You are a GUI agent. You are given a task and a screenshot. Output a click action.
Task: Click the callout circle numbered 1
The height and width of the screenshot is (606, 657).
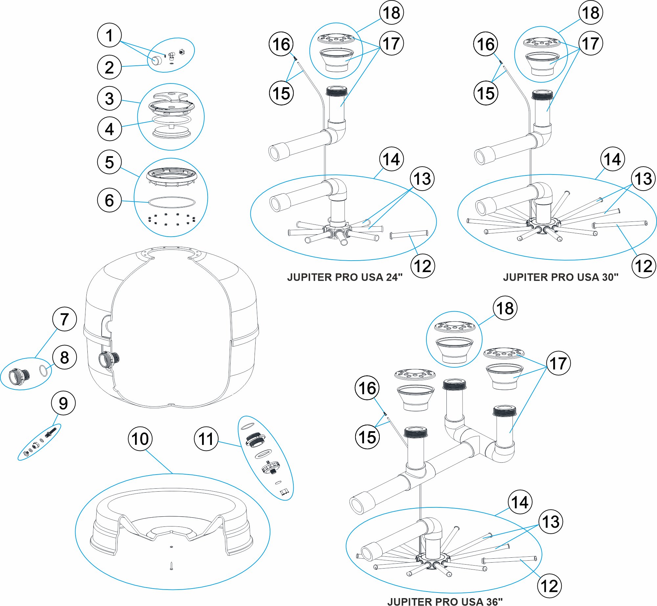pos(109,35)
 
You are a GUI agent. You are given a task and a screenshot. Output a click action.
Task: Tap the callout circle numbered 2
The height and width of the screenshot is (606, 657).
pos(109,67)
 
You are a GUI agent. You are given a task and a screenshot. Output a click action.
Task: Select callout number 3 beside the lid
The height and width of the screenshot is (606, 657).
pos(109,98)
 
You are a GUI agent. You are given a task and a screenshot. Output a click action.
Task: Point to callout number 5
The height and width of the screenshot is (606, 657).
pos(109,162)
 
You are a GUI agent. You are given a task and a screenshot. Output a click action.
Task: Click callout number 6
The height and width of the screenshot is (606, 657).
pos(109,200)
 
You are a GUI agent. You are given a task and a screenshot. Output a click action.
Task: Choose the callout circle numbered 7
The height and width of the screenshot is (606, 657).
pos(64,319)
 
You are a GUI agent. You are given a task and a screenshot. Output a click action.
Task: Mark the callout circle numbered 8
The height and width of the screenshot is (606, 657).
pos(64,357)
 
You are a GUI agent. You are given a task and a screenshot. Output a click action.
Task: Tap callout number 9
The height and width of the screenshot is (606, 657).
pos(63,403)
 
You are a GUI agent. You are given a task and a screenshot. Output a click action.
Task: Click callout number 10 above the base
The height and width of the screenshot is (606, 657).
pos(140,439)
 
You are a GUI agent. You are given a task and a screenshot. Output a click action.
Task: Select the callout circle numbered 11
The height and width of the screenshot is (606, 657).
pos(206,439)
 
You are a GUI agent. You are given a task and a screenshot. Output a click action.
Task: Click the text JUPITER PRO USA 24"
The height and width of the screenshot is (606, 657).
pos(345,277)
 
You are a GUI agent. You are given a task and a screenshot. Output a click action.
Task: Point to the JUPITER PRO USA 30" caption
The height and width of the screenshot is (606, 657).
pos(560,277)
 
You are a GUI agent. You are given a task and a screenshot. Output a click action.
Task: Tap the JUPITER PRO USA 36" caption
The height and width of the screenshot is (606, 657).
pos(445,601)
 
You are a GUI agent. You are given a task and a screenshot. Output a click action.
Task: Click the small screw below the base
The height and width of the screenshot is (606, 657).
pos(171,566)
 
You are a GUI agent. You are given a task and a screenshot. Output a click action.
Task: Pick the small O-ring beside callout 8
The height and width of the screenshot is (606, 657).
pos(43,370)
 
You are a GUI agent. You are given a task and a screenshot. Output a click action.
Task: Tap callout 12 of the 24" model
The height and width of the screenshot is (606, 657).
pos(422,266)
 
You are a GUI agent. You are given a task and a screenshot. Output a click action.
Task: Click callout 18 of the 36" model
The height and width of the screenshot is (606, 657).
pos(505,308)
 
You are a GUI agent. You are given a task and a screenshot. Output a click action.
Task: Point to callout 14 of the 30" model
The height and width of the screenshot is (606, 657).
pos(612,159)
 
